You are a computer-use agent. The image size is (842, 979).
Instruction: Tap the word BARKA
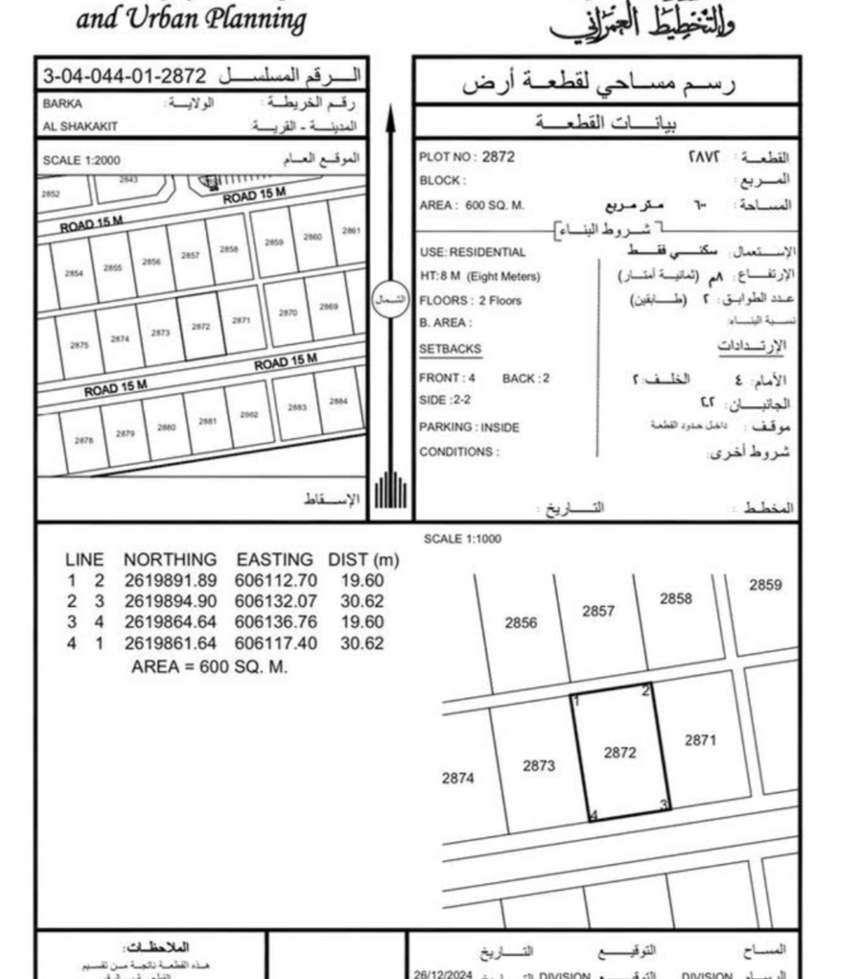pos(63,105)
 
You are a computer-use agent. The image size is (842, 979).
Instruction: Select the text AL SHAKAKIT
pos(80,126)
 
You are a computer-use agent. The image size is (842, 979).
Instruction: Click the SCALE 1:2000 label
pos(81,161)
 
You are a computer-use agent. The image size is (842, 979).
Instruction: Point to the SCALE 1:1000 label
pos(462,539)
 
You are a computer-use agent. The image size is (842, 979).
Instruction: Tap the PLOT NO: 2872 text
pos(467,157)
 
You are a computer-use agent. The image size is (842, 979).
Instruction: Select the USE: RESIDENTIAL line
pos(472,252)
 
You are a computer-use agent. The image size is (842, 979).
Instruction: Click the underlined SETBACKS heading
pos(449,349)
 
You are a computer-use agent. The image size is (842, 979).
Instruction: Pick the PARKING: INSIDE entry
pos(468,427)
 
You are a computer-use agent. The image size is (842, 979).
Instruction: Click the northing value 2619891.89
pos(171,581)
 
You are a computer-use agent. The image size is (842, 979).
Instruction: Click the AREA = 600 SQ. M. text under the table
pos(209,666)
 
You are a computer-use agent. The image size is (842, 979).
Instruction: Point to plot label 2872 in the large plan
pos(619,752)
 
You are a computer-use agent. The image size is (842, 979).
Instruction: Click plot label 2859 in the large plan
pos(765,585)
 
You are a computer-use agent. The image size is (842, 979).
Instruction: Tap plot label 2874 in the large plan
pos(458,778)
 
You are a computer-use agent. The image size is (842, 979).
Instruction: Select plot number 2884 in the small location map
pos(338,401)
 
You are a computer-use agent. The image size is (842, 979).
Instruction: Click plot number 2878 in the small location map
pos(84,440)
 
